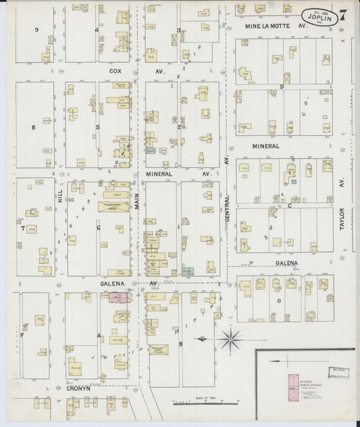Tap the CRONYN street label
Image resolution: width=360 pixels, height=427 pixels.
point(78,389)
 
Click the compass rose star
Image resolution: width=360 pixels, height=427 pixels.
point(231,336)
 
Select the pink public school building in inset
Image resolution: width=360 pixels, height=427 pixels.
point(292,384)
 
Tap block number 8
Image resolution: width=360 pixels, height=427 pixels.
point(32,127)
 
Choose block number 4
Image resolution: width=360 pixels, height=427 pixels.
point(97,30)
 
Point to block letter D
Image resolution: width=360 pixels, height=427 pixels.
point(282,87)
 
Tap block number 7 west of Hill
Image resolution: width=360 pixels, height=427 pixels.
point(22,228)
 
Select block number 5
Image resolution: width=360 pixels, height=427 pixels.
point(97,127)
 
